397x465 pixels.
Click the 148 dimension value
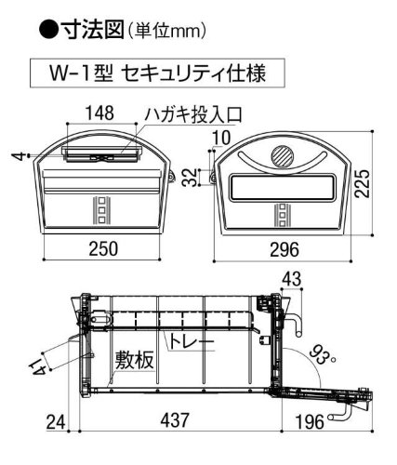click(99, 113)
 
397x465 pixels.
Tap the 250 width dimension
click(103, 249)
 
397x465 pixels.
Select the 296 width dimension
click(285, 249)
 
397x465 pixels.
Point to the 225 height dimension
click(363, 183)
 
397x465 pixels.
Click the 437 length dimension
click(175, 420)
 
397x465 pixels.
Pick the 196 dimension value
click(310, 422)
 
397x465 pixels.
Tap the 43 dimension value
click(292, 279)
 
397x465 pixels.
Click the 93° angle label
click(323, 355)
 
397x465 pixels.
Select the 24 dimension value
click(56, 422)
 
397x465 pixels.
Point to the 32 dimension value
click(190, 178)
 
